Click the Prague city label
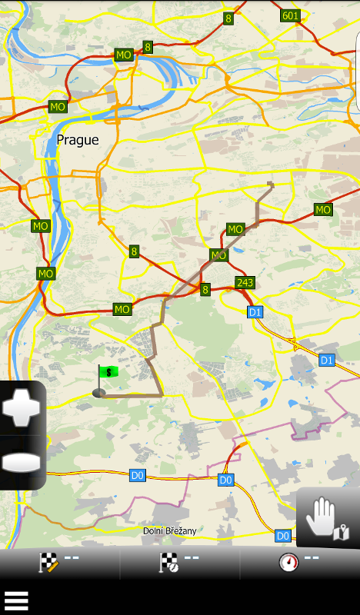78,140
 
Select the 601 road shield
290,15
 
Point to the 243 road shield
245,283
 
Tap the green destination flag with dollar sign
109,372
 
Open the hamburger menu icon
16,600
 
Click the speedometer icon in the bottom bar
288,563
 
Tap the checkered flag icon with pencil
48,563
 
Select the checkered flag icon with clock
168,563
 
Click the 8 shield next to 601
228,18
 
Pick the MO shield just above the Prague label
58,107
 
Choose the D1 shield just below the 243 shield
255,311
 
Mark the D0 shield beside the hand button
283,536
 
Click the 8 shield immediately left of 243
205,290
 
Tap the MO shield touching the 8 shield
124,55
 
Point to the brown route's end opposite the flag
270,183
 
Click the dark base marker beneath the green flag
99,393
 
